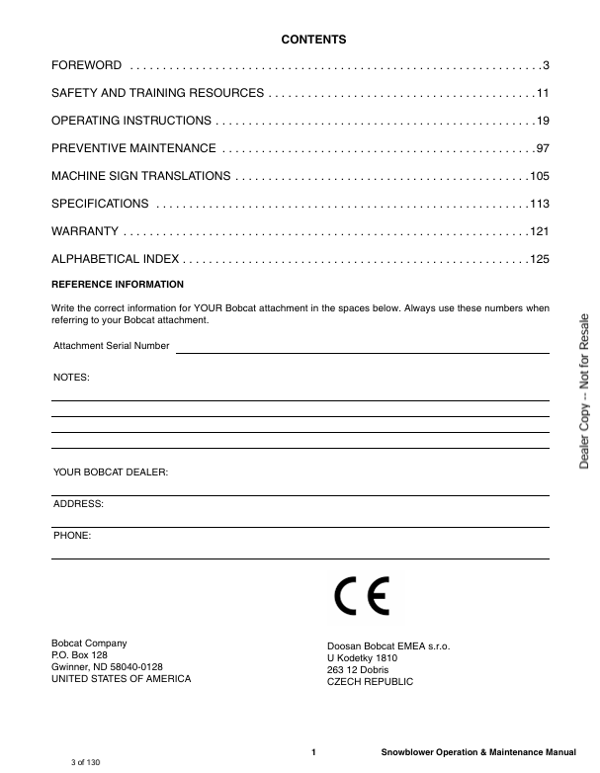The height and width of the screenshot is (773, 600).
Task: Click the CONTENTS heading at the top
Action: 313,40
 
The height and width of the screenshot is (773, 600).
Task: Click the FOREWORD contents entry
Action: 87,65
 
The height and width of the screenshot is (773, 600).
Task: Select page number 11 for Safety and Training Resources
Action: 542,93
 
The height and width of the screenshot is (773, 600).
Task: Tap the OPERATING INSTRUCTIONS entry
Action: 130,121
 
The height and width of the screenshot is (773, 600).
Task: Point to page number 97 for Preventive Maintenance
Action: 542,148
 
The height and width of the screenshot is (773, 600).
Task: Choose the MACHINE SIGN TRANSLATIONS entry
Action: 141,176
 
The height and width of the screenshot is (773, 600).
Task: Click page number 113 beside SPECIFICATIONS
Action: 539,204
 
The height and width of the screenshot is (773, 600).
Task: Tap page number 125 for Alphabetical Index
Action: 539,259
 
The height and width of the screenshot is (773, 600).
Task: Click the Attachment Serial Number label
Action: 111,346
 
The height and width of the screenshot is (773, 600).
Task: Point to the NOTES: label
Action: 70,378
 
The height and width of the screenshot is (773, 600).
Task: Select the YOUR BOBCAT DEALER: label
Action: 110,472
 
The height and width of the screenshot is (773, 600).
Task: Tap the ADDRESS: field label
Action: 77,504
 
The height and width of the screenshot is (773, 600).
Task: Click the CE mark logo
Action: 361,596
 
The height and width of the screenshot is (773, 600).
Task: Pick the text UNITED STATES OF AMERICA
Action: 121,679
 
